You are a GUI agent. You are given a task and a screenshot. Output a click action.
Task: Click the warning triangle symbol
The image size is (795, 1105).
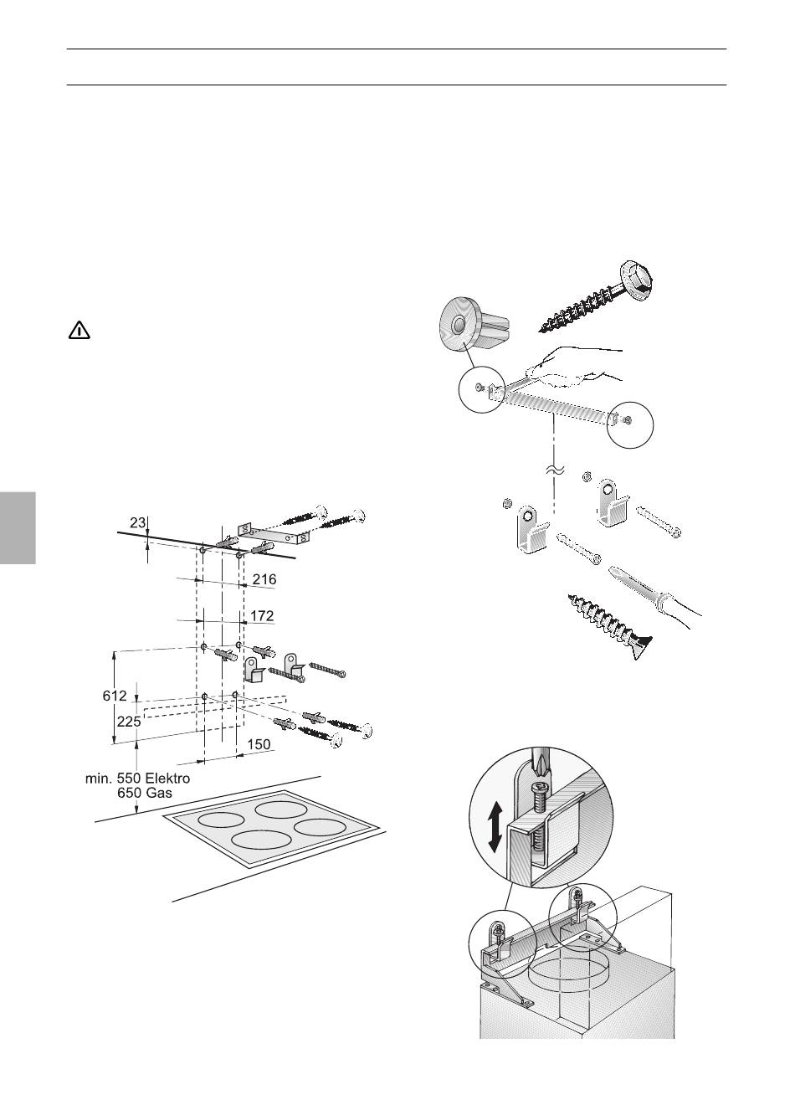point(79,331)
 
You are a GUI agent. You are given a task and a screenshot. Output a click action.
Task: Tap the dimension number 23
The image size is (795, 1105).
point(137,522)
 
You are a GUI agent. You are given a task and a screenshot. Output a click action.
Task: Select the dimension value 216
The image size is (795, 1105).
point(264,578)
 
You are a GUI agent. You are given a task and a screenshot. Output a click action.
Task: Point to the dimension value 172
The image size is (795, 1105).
point(262,615)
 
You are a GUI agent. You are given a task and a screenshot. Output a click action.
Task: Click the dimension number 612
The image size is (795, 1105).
point(115,696)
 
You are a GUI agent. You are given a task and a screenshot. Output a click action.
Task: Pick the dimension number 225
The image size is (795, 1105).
point(129,722)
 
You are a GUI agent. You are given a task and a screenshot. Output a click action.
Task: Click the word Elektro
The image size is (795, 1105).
point(165,779)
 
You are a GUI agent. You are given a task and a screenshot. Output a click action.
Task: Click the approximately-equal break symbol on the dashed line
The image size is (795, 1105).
point(554,470)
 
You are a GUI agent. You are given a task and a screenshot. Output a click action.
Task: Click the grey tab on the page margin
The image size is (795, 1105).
point(18,527)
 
